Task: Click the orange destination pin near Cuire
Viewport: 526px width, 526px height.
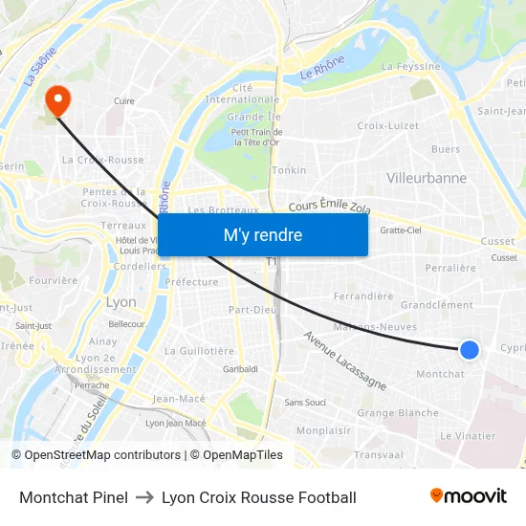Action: [x=56, y=99]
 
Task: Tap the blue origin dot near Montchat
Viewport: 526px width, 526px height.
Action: [x=470, y=351]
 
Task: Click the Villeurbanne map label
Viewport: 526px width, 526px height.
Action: [x=427, y=178]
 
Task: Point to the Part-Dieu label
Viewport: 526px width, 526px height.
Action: [x=252, y=309]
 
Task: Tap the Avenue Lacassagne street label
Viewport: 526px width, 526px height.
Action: [x=344, y=361]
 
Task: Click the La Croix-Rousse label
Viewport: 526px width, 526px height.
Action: [x=102, y=160]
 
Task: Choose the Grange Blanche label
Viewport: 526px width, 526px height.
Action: [x=398, y=413]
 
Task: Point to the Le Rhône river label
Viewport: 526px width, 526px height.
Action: [x=321, y=68]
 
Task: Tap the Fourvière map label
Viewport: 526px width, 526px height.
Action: [x=54, y=280]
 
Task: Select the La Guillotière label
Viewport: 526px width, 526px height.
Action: [x=200, y=351]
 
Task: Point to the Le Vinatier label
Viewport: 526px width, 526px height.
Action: [x=468, y=435]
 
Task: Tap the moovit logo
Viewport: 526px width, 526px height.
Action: [x=468, y=496]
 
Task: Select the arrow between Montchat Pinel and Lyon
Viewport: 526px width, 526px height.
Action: [x=144, y=497]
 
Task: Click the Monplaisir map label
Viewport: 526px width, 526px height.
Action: [x=322, y=431]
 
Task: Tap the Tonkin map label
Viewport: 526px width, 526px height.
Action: [x=290, y=170]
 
